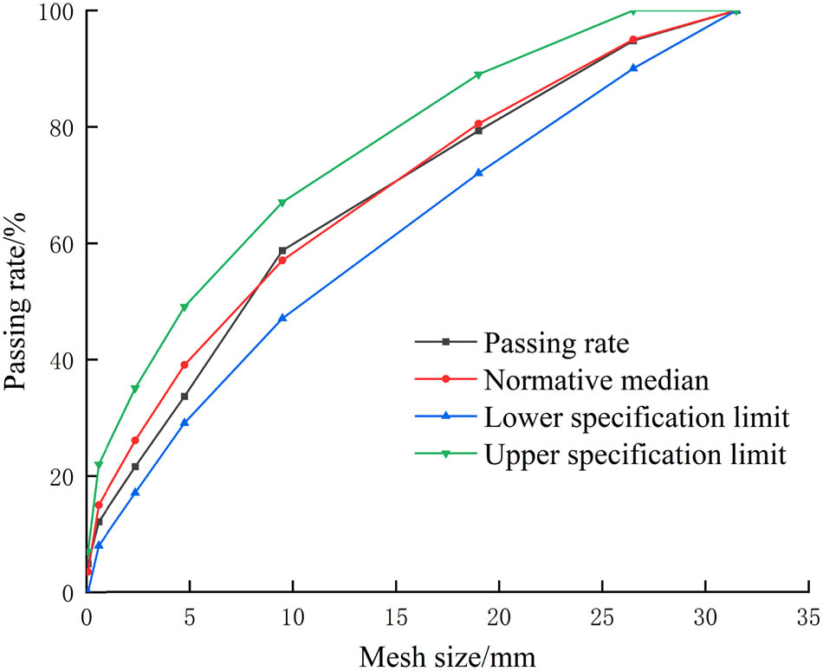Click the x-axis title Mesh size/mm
448,655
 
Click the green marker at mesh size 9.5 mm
282,203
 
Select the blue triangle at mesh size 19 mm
478,173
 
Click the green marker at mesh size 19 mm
478,74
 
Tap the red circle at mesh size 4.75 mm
185,365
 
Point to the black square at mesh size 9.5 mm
282,250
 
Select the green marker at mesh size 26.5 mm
632,11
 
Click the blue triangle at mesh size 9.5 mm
282,319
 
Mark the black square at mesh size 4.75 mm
185,397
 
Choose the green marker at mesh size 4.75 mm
185,307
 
